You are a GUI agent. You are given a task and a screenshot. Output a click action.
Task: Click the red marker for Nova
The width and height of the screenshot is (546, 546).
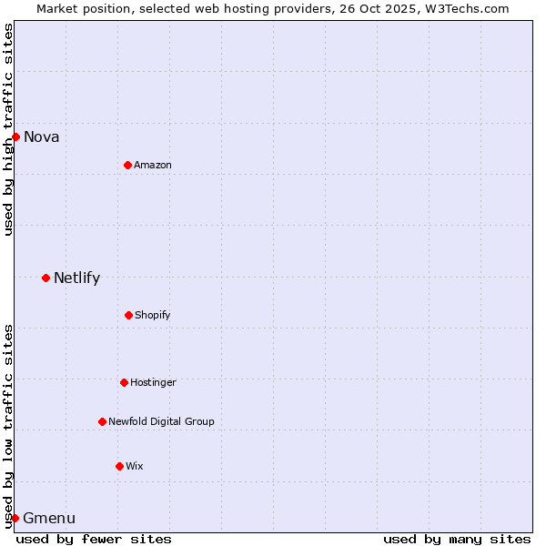pos(15,136)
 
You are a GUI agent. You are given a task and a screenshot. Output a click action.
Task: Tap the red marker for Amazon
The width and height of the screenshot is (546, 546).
pos(127,165)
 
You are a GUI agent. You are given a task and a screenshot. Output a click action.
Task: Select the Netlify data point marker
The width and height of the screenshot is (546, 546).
pos(45,278)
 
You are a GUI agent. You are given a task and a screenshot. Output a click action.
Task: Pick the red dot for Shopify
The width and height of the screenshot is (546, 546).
pos(128,315)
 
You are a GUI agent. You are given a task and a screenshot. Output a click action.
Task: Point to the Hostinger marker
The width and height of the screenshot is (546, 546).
pos(124,382)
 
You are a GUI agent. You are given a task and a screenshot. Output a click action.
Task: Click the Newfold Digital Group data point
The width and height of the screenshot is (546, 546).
pos(102,421)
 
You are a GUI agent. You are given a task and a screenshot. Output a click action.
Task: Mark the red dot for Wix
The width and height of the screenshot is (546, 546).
pos(119,466)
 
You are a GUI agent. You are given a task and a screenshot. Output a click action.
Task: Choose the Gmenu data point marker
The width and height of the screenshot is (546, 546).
pos(15,518)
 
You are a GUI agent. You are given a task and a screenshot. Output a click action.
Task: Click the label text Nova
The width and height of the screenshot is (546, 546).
pos(41,137)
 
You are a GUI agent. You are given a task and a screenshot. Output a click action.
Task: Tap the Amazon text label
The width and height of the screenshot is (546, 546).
pos(152,165)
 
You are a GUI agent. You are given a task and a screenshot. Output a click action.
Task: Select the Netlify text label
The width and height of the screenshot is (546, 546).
pos(76,278)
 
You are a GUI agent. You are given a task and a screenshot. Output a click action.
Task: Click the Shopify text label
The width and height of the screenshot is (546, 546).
pos(152,315)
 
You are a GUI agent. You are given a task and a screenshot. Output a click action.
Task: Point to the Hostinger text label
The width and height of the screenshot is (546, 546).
pos(153,382)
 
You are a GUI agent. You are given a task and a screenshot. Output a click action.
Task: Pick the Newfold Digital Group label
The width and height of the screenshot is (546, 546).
pos(161,421)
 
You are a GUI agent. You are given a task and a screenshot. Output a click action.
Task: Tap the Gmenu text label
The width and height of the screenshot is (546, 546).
pos(49,519)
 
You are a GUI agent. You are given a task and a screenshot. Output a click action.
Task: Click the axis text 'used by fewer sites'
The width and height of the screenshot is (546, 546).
pos(94,539)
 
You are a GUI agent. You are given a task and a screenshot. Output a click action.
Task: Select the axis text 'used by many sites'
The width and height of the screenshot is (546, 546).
pos(457,539)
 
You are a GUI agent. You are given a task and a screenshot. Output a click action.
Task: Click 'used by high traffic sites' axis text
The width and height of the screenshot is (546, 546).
pos(8,129)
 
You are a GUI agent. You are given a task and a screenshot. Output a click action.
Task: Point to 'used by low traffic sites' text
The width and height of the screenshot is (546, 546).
pos(8,425)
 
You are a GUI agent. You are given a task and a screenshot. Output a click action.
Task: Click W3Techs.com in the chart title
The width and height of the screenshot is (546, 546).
pos(464,8)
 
